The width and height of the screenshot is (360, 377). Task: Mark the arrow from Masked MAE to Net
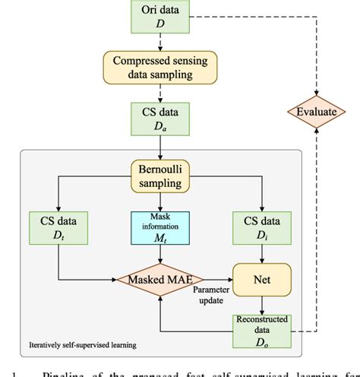[217, 280]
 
